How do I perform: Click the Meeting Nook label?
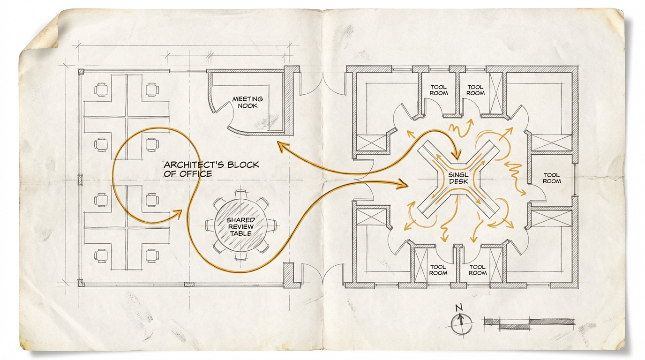tap(247, 102)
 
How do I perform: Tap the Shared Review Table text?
tap(241, 226)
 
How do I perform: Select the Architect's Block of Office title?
tap(211, 169)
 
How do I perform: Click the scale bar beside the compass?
tap(529, 323)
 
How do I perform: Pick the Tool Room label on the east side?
tap(552, 178)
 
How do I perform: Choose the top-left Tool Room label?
tap(438, 90)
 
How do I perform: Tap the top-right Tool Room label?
tap(475, 90)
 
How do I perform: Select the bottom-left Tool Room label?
tap(438, 270)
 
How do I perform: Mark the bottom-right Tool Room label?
tap(477, 270)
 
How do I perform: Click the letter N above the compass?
tap(459, 308)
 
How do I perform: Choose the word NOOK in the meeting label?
tap(247, 106)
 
